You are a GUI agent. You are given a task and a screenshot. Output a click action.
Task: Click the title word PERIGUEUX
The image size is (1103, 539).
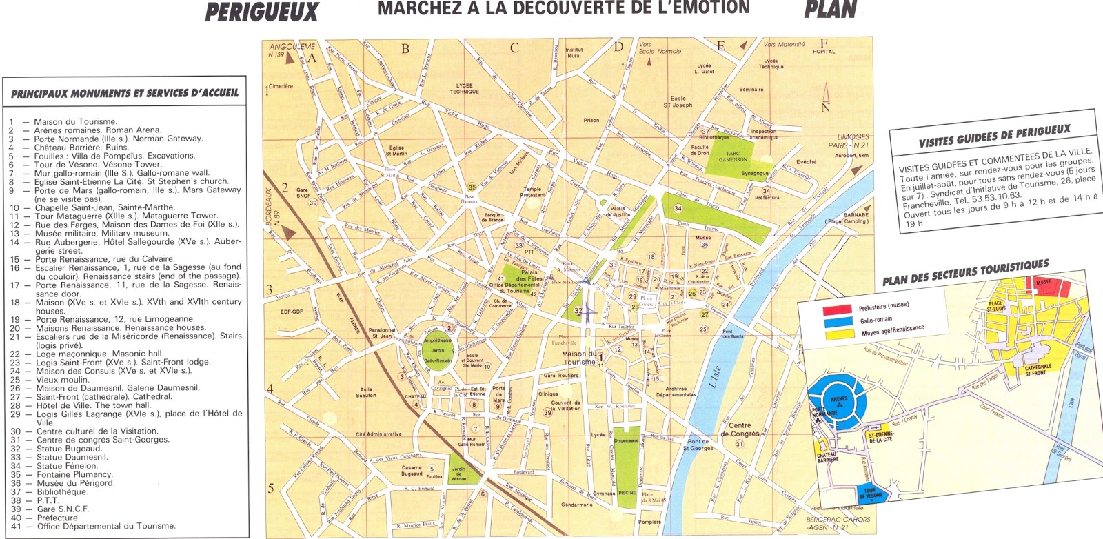point(261,12)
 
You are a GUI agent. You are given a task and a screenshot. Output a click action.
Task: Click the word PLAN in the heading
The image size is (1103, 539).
point(830,10)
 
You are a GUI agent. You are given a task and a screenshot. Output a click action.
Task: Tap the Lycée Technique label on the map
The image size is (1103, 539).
point(464,88)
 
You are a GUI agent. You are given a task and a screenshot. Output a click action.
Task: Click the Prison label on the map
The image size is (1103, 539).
point(591,120)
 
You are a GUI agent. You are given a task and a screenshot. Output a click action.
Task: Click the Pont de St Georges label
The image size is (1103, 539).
point(699,445)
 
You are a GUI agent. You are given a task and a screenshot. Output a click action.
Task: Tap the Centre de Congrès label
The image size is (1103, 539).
point(740,429)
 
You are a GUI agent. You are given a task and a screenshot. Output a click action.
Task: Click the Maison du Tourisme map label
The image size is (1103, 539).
point(579,358)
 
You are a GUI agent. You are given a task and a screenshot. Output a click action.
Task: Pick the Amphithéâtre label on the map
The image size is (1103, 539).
point(437,340)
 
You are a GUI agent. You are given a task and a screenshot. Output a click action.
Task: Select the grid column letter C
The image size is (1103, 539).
point(514,48)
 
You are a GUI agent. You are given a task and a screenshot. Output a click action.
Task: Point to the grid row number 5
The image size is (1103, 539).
point(270,489)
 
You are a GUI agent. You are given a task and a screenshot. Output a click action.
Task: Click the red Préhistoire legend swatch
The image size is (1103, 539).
point(837,310)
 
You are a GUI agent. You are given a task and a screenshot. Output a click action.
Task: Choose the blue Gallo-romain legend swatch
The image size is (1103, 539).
point(838,322)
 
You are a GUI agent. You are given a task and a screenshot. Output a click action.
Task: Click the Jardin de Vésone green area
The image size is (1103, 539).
point(458,471)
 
